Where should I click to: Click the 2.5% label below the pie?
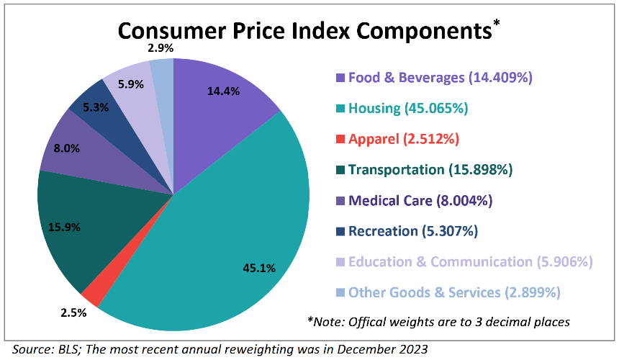click(x=73, y=312)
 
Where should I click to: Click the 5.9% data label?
click(x=130, y=84)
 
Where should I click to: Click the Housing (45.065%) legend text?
click(x=408, y=108)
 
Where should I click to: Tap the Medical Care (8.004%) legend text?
click(x=420, y=200)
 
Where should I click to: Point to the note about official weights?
click(x=438, y=321)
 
